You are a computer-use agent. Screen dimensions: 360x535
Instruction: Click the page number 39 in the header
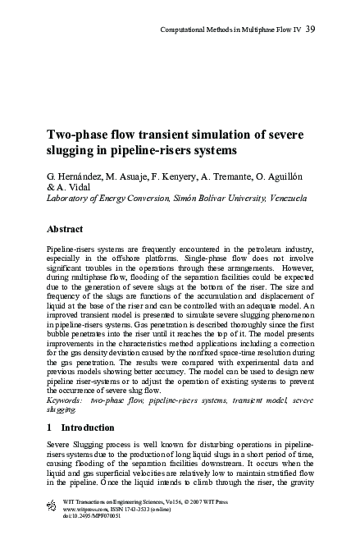tap(311, 30)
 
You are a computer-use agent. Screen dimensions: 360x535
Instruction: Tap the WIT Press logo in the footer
tap(40, 503)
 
